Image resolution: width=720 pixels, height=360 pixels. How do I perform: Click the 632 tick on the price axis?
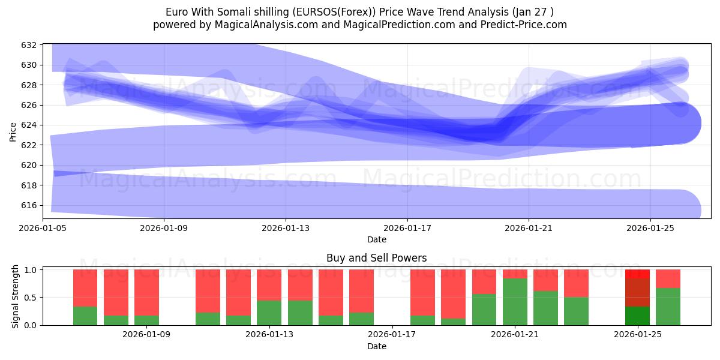click(x=29, y=45)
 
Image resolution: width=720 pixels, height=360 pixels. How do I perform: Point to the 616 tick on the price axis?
click(x=29, y=205)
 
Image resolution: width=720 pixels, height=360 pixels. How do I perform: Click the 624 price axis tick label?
click(x=29, y=125)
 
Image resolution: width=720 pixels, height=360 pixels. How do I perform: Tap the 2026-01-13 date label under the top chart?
click(x=286, y=228)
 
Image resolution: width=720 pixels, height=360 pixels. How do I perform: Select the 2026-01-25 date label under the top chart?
click(x=650, y=228)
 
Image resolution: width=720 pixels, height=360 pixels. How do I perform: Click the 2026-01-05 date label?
click(x=43, y=228)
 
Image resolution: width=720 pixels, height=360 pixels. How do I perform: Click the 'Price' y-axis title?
click(x=13, y=131)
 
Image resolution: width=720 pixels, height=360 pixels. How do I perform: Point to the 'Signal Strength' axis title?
click(x=16, y=297)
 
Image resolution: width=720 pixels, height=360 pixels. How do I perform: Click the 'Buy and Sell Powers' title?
click(x=376, y=258)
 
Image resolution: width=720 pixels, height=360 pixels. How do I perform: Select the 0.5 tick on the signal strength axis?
click(x=29, y=298)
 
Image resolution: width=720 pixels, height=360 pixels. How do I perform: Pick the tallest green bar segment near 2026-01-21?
click(x=515, y=301)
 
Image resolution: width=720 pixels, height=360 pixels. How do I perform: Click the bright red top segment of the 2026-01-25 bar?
click(x=637, y=274)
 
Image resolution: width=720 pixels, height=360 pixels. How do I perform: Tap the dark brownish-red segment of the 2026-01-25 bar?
click(x=637, y=292)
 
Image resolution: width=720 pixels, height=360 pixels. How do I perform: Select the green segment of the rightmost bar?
click(x=668, y=307)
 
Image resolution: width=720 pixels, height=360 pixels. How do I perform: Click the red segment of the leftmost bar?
click(x=85, y=288)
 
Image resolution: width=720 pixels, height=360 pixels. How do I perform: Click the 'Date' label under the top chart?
click(x=376, y=239)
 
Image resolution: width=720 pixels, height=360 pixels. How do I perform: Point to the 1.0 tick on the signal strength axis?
click(x=29, y=270)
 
